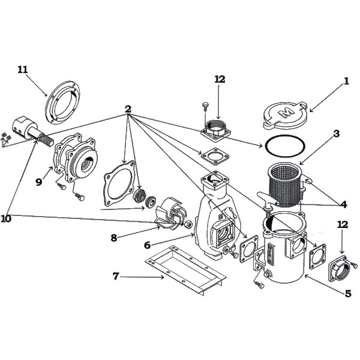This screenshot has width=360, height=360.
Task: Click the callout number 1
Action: pyautogui.click(x=346, y=82)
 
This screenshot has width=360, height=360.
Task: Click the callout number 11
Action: pyautogui.click(x=23, y=70)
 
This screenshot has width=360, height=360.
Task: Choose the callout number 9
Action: pyautogui.click(x=38, y=181)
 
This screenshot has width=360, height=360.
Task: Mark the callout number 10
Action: pyautogui.click(x=6, y=219)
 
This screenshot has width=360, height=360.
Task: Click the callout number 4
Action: pyautogui.click(x=343, y=205)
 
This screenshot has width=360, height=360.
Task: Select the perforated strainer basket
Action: pyautogui.click(x=283, y=179)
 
